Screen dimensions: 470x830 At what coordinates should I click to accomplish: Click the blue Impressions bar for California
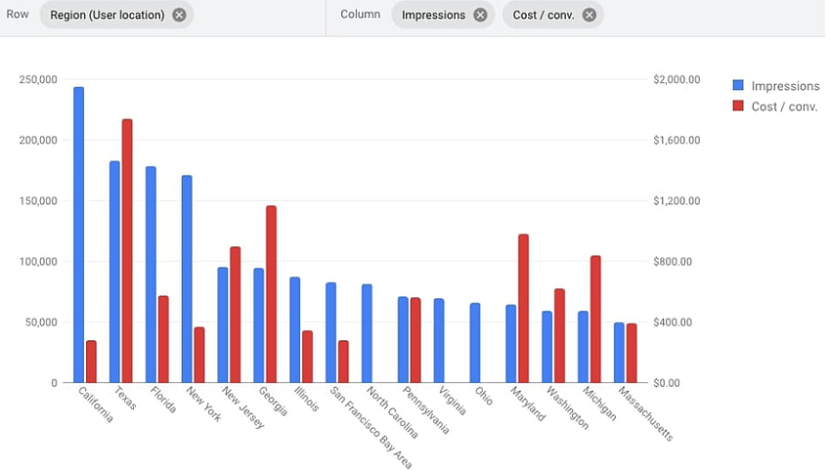(78, 235)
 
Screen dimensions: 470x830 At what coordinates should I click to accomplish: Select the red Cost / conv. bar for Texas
(127, 250)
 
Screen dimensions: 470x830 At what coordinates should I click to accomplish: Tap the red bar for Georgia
(271, 293)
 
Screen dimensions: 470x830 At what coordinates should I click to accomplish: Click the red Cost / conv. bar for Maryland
(523, 308)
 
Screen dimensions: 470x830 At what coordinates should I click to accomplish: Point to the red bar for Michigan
(595, 319)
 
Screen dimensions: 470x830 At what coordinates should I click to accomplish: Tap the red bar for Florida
(163, 338)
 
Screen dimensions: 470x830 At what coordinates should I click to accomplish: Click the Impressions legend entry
(778, 86)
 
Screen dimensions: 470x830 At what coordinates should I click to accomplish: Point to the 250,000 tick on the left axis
(38, 79)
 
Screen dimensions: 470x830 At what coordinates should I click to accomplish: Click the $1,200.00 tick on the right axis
(676, 201)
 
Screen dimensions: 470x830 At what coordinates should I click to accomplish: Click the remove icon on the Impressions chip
(479, 15)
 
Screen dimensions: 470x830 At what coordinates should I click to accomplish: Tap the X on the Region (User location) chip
(179, 15)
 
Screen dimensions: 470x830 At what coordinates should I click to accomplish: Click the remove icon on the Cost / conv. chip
(589, 15)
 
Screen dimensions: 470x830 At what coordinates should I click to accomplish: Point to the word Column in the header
(360, 15)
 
